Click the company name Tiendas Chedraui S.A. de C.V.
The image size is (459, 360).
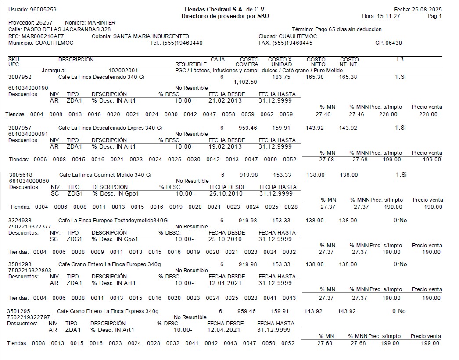(225, 9)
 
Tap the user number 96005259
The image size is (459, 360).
(43, 9)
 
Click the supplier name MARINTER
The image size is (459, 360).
(101, 22)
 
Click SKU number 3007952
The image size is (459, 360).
(19, 77)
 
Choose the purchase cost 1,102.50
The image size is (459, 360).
(245, 82)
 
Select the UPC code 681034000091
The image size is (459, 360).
(28, 134)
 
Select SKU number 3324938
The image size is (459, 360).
(19, 220)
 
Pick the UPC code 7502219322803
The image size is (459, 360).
(29, 270)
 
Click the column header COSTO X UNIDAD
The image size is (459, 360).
(280, 62)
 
